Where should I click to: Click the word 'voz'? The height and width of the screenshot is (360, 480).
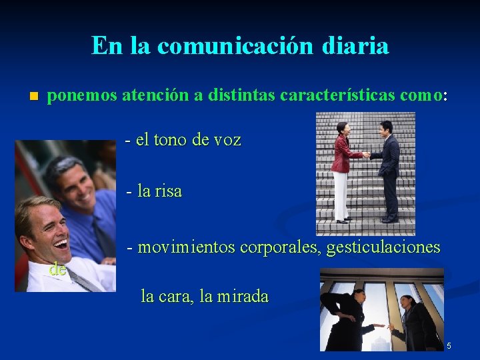(x=227, y=140)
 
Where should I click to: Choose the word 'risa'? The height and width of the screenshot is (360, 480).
(x=169, y=191)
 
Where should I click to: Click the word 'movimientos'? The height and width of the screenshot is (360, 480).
(x=186, y=247)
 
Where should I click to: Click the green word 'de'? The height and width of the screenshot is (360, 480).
(x=57, y=269)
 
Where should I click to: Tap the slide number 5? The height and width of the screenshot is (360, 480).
(x=449, y=346)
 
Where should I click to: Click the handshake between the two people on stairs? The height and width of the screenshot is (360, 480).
(x=365, y=155)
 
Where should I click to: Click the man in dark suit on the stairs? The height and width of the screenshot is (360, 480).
(x=387, y=170)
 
